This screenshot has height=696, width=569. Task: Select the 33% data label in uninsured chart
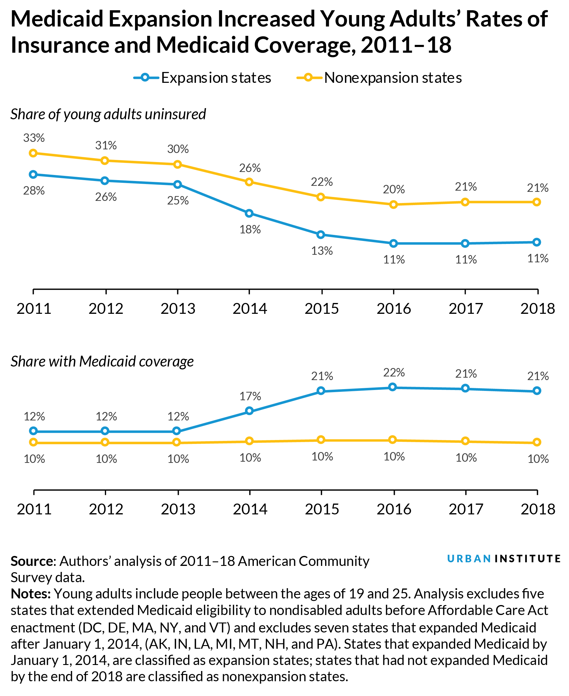34,138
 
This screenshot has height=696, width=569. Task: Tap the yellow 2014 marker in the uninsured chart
249,182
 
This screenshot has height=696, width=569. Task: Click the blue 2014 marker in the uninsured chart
249,213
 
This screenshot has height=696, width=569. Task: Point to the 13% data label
322,251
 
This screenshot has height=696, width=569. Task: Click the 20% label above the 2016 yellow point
394,189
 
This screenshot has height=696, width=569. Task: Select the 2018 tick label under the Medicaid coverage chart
538,509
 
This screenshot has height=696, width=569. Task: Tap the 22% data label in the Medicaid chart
394,373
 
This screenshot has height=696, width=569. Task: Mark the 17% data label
250,396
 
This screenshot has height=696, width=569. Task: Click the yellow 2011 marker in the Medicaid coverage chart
33,442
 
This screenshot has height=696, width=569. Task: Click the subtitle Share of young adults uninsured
108,114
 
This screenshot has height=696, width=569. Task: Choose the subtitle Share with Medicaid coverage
102,362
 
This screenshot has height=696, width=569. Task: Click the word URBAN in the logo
469,559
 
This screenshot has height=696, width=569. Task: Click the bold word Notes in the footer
30,594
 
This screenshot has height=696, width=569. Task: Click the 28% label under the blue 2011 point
34,191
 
